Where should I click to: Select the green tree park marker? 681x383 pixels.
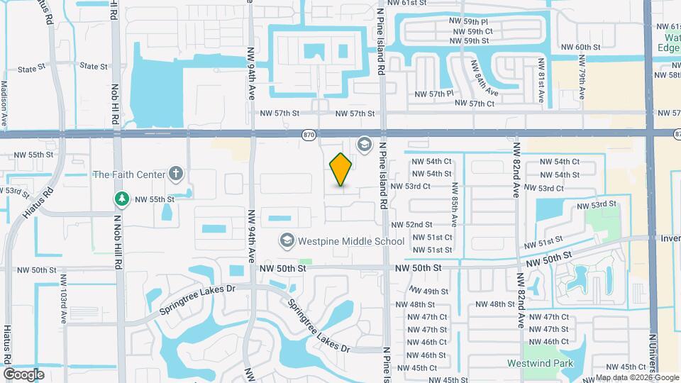click(122, 199)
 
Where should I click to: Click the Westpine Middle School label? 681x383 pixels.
click(350, 241)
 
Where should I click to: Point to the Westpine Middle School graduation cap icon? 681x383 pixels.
click(287, 241)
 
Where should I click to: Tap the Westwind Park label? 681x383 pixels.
click(540, 363)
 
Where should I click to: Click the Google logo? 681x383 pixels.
click(23, 374)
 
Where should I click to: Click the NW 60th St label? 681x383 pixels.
click(580, 48)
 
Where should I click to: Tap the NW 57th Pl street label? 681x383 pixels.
click(433, 94)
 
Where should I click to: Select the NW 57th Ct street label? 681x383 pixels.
click(472, 104)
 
